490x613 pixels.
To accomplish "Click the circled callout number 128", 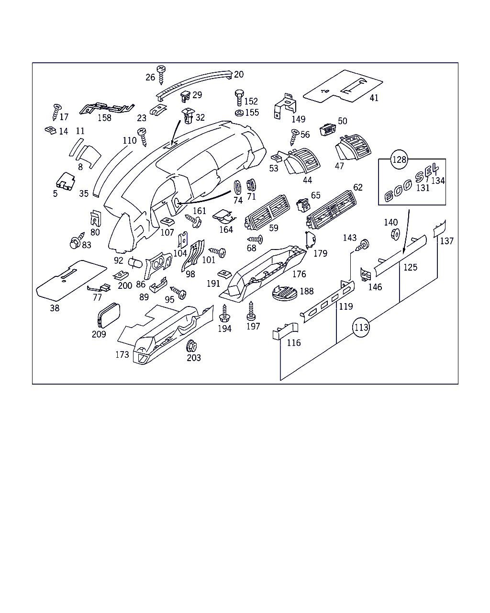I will click(399, 159).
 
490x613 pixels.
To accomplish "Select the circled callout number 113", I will click(361, 328).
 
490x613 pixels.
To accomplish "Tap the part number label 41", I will click(374, 98).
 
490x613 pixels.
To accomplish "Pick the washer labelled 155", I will click(239, 113).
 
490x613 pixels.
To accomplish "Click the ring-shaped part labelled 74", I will click(236, 187).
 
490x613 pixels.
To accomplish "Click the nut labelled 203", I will click(192, 345).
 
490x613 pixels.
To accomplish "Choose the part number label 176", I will click(299, 274).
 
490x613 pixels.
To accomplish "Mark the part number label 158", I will click(104, 118).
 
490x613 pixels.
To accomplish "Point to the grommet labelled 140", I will click(395, 234).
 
